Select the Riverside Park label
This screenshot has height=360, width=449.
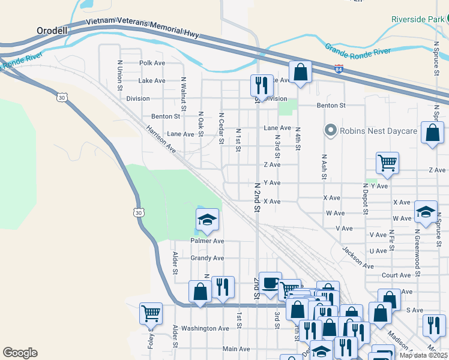417,19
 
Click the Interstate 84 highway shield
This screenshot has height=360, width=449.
339,70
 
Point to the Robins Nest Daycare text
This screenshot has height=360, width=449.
378,130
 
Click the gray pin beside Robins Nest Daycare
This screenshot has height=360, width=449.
329,130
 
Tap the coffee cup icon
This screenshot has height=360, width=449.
270,282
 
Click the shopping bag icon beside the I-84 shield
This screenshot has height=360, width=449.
300,73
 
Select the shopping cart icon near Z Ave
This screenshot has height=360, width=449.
387,162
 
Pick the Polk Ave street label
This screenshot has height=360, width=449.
152,62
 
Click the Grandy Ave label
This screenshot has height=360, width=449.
207,258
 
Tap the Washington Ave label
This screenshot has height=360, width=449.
205,329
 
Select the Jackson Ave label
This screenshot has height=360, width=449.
358,257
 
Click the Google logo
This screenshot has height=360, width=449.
20,353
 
